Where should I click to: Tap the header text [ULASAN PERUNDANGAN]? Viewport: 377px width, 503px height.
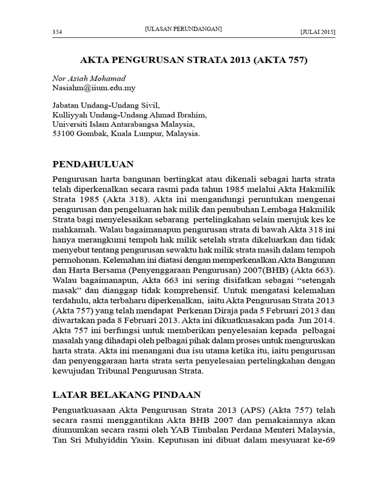(x=184, y=29)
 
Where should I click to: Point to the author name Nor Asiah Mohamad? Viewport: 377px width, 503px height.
(x=88, y=79)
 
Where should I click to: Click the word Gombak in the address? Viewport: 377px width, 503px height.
(x=92, y=134)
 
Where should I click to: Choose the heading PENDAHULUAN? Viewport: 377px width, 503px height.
(x=93, y=163)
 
